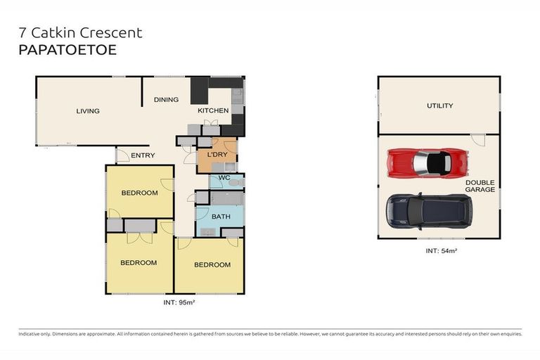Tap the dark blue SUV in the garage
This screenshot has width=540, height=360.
(429, 210)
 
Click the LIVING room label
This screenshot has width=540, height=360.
(88, 111)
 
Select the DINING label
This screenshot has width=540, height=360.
(166, 100)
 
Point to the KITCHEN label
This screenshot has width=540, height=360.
(212, 111)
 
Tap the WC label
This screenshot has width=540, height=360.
(224, 179)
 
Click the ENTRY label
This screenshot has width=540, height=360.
(143, 155)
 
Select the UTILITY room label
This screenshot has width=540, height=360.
(439, 106)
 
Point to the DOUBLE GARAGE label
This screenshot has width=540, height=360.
(480, 186)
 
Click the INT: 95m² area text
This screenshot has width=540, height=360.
(179, 302)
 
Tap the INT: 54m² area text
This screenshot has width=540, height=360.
(440, 250)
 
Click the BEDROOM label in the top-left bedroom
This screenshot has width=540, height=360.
(139, 193)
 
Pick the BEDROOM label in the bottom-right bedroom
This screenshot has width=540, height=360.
(212, 265)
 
